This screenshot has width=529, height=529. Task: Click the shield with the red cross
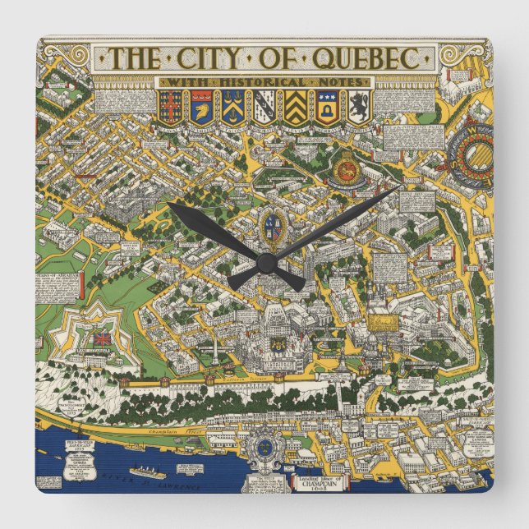click(170, 105)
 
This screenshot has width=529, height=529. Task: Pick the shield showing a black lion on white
click(358, 105)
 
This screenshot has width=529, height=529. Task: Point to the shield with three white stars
click(232, 105)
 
